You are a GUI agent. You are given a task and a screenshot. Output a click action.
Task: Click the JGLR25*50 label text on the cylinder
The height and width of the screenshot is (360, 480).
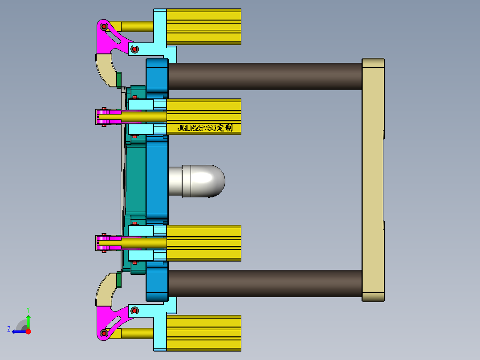coord(204,128)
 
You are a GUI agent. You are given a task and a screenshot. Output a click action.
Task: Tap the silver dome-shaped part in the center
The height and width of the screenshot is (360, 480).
coord(202,181)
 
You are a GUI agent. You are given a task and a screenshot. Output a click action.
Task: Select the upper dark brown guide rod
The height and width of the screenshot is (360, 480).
coord(265,76)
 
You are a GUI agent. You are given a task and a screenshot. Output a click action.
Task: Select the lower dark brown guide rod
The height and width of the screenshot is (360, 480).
coord(265,283)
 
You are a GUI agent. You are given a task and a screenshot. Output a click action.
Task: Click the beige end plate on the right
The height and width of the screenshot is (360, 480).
coord(373,180)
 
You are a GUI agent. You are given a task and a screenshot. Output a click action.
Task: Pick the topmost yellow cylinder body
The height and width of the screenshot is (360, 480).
coord(203,27)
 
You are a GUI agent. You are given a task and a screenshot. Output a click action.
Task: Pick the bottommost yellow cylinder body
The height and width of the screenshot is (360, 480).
coord(203,333)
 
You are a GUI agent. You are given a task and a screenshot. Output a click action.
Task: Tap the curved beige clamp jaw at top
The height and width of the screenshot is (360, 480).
coord(106,68)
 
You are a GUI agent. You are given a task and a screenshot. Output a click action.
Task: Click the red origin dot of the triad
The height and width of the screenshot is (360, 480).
coord(28,331)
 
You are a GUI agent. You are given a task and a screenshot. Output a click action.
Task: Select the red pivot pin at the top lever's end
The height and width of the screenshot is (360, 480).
coord(104,27)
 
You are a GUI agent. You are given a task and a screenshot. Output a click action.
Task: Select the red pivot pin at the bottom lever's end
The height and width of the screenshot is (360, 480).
coord(104,332)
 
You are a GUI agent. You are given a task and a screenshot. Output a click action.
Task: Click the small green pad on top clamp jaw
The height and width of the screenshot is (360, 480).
coord(119,80)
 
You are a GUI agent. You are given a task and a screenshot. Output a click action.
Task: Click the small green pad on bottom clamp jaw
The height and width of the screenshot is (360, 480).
coord(119,279)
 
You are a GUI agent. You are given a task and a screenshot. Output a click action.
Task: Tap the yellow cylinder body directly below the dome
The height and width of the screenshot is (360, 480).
coord(203,243)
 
